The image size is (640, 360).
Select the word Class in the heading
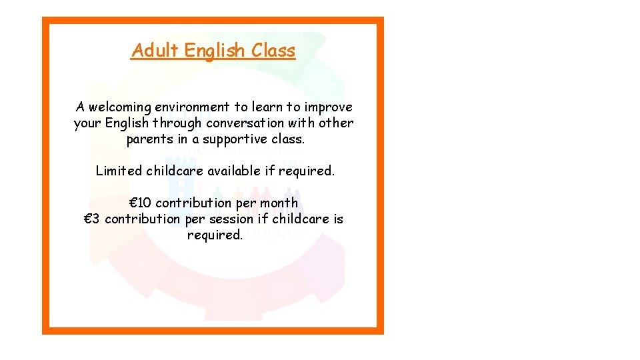click(273, 51)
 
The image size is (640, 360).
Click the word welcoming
click(119, 107)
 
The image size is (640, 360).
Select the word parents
click(149, 139)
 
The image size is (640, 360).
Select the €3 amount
click(93, 219)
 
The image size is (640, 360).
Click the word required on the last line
click(215, 235)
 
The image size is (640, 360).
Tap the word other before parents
click(336, 123)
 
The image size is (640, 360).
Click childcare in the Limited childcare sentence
click(175, 171)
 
